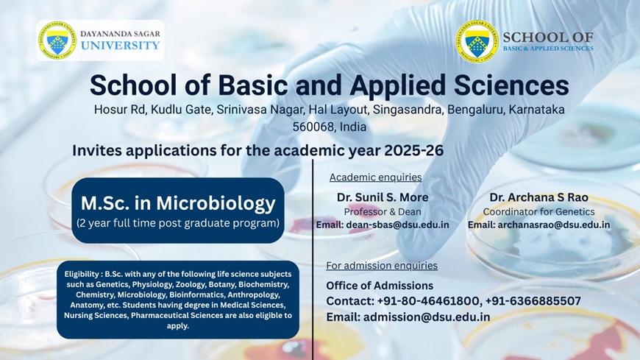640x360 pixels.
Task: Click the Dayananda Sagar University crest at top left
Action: coord(57,40)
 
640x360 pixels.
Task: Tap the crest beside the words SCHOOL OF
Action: coord(477,41)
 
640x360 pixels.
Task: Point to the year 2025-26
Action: coord(413,150)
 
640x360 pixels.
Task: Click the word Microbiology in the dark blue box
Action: coord(216,203)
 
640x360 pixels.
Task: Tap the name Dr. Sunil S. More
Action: coord(383,197)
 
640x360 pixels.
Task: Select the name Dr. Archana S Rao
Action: coord(538,197)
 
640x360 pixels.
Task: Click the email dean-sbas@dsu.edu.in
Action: coord(397,225)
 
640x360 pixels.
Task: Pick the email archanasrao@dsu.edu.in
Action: coord(554,225)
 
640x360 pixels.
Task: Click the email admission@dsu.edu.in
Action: coord(427,317)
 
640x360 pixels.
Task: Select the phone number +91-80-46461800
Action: coord(427,301)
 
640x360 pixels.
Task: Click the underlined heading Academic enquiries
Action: coord(375,177)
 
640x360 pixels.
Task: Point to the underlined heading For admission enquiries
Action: coord(382,266)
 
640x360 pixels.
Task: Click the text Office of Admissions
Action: coord(380,285)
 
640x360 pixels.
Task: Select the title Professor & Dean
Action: coord(383,212)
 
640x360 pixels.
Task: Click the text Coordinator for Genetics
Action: coord(538,212)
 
